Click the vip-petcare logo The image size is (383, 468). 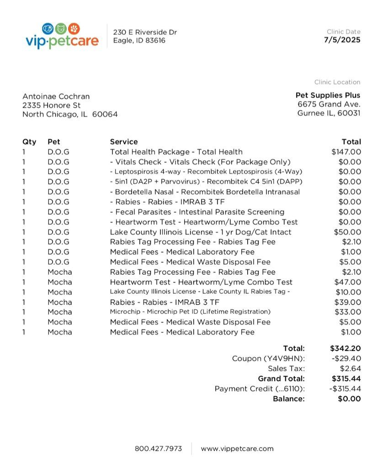(62, 36)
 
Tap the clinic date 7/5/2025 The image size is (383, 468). (342, 40)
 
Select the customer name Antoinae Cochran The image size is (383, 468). (56, 96)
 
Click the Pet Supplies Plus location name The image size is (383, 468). (328, 95)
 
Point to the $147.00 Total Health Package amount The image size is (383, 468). (346, 152)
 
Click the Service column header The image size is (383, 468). (123, 142)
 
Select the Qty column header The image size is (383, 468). (29, 142)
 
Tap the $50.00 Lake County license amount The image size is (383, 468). (347, 232)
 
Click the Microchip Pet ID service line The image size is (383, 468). (190, 312)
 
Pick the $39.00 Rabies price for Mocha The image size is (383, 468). (347, 302)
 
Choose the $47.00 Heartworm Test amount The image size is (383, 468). (347, 282)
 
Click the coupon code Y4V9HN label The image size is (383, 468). (268, 359)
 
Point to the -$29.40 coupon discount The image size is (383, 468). (345, 359)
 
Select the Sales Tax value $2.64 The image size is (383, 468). (350, 368)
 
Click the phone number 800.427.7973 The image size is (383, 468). (158, 448)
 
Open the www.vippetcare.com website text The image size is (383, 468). (237, 448)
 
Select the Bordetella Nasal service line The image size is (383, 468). (205, 192)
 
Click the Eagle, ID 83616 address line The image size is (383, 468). (139, 40)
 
